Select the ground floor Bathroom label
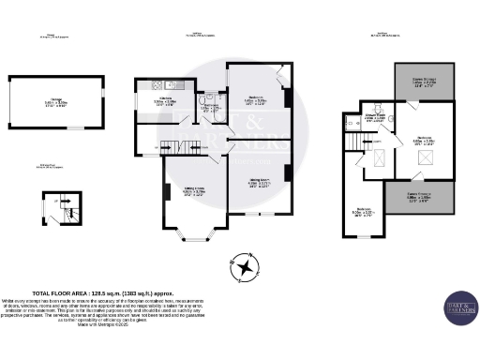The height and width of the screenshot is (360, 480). tap(210, 108)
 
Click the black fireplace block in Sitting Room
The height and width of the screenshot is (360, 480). tap(167, 193)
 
